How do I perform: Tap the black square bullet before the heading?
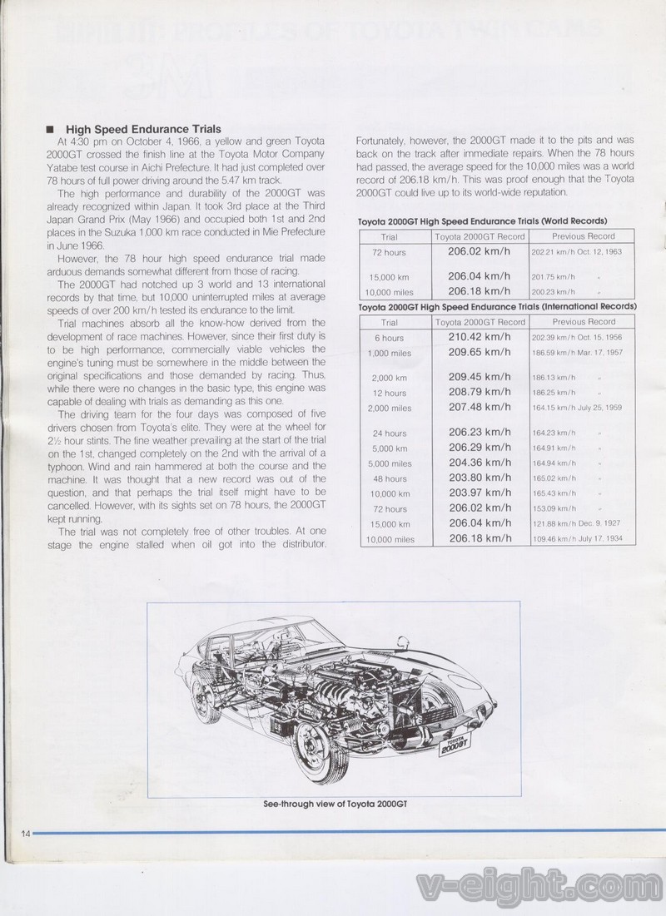pos(51,129)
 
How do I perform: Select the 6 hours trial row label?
pos(389,338)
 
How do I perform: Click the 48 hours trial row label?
pos(389,479)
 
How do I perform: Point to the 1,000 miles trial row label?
pos(389,354)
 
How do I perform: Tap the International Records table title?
pos(497,307)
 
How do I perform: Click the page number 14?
pos(22,834)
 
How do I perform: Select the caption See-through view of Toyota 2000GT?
pos(332,803)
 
